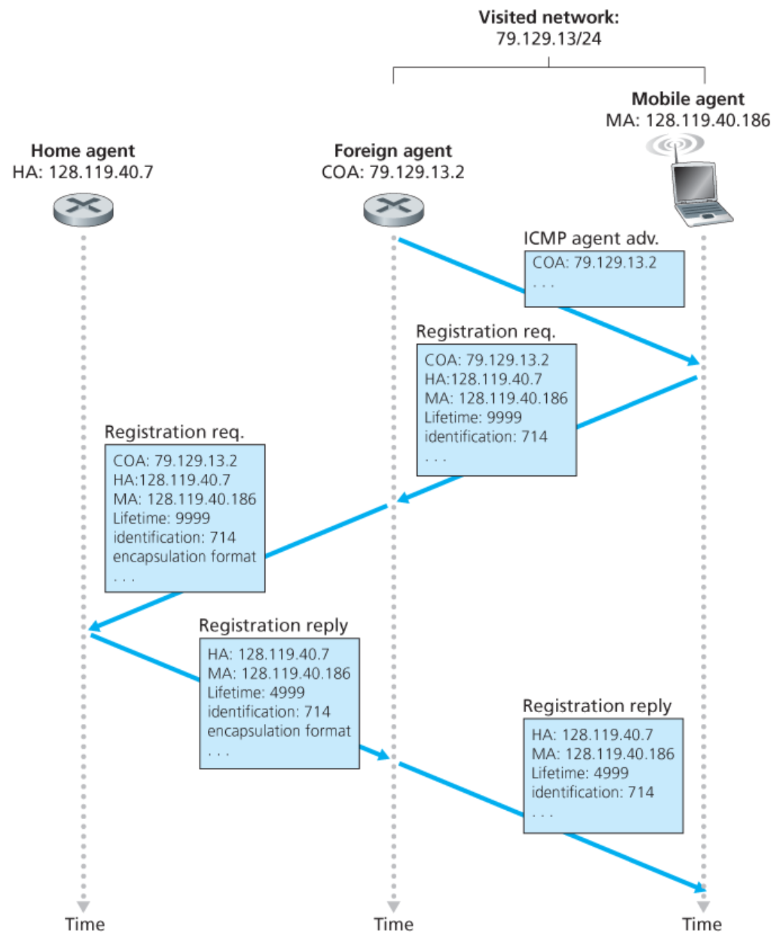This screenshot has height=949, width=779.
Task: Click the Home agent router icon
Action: (x=84, y=209)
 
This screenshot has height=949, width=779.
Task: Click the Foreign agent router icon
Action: (x=394, y=209)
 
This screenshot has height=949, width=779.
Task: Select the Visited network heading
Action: (x=548, y=17)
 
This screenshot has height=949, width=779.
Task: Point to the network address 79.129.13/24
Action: (x=548, y=39)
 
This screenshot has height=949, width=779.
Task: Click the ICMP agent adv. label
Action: (x=590, y=238)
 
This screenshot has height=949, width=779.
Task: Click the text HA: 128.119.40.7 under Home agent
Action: (x=83, y=172)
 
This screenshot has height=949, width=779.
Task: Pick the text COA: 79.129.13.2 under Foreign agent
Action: (x=393, y=172)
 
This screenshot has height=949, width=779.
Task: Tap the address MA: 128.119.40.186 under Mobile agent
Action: (x=688, y=120)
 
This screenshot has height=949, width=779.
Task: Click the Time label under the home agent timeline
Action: (x=84, y=924)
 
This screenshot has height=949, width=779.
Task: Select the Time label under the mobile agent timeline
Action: (x=702, y=924)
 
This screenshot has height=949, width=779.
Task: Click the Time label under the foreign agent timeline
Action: (x=394, y=924)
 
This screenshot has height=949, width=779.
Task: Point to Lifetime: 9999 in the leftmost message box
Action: (x=162, y=518)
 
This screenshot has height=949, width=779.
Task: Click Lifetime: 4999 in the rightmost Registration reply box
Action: (x=579, y=773)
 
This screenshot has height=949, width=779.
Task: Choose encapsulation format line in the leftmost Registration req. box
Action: (x=184, y=557)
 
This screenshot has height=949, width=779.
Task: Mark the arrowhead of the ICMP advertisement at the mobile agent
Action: (x=692, y=360)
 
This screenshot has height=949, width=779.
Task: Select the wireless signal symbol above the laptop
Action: (x=675, y=144)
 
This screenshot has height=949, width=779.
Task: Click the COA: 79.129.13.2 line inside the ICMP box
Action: (x=594, y=262)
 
